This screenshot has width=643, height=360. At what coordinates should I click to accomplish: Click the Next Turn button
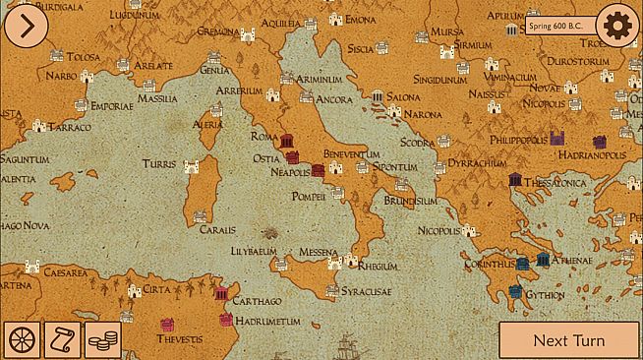coord(568,340)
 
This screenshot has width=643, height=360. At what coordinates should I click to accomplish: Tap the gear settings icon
coord(617,26)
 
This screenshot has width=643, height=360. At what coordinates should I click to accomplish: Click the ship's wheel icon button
coord(22,339)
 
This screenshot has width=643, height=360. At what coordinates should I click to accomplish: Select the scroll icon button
coord(62,339)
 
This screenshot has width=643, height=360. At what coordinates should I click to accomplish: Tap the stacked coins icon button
coord(102,339)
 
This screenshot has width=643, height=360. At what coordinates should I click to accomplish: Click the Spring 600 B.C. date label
coord(558,26)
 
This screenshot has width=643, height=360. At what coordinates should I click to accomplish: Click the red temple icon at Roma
coord(288,142)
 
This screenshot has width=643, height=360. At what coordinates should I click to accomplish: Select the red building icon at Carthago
coord(221,294)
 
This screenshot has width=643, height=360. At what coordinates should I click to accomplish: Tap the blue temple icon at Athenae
coord(543,261)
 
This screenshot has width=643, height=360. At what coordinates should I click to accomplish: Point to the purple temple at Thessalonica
coord(514,179)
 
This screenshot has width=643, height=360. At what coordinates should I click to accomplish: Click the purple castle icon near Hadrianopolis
coord(558,140)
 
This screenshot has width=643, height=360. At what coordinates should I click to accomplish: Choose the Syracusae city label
coord(364,292)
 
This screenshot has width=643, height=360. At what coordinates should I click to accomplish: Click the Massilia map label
coord(157,98)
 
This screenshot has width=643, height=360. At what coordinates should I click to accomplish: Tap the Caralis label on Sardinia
coord(217,229)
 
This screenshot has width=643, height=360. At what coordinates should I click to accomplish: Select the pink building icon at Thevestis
coord(167,324)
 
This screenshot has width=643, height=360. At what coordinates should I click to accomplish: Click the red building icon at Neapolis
coord(318,170)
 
